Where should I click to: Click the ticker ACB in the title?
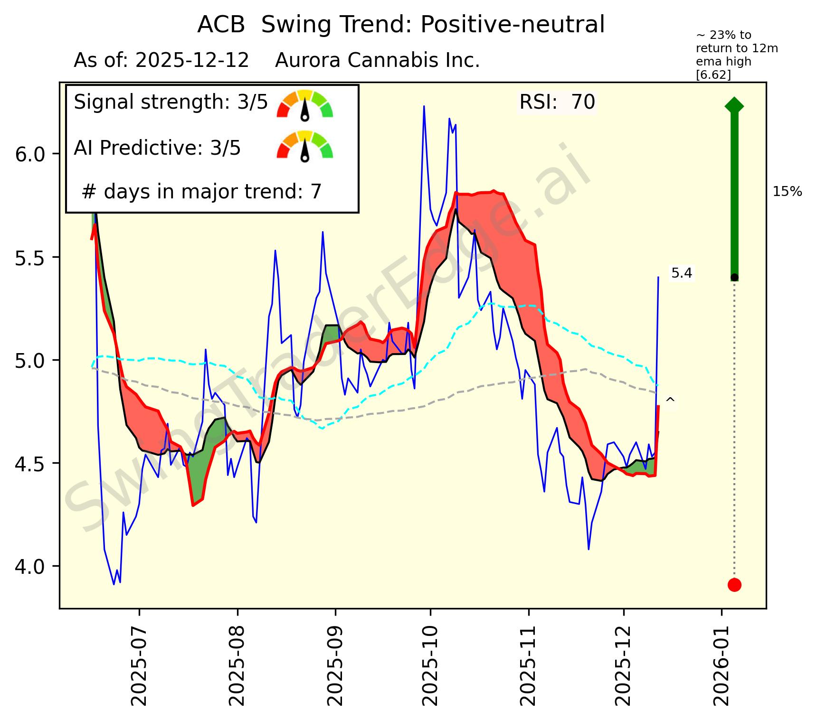tap(221, 25)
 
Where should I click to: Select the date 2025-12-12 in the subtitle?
tap(192, 61)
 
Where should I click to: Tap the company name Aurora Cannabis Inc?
tap(377, 61)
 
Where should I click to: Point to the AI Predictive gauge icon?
tap(305, 146)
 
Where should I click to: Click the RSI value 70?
tap(583, 102)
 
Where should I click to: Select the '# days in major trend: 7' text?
tap(202, 192)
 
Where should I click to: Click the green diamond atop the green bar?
tap(734, 105)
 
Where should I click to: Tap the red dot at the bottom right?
tap(734, 585)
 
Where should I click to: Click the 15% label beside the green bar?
tap(787, 192)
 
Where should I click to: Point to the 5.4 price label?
tap(682, 273)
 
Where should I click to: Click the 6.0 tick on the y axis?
tap(30, 155)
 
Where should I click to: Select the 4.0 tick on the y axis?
tap(30, 566)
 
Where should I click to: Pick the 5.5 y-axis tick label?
tap(30, 258)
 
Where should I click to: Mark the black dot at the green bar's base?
tap(734, 277)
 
